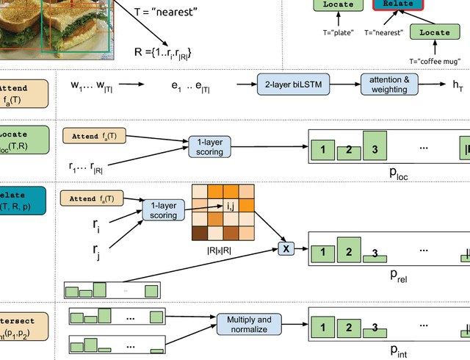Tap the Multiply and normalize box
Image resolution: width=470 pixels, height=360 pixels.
[244, 325]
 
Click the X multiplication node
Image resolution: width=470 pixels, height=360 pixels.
[286, 249]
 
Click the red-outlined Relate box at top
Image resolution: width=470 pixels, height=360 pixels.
[397, 4]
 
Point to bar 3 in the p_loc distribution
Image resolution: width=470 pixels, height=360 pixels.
[374, 145]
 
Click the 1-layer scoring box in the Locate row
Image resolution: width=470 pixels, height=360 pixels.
[210, 146]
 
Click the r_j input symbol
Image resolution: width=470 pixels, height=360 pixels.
[96, 252]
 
